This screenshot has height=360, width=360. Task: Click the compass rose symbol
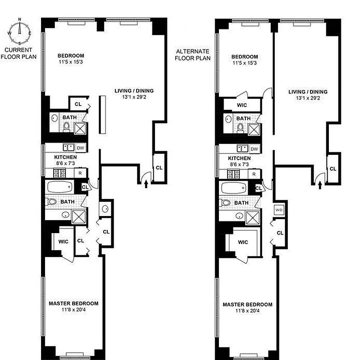click(19, 32)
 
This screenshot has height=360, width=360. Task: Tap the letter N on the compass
click(19, 19)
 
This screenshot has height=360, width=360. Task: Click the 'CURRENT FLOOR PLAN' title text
click(18, 53)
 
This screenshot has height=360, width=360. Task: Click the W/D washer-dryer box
click(278, 210)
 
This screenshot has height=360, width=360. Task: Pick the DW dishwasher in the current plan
click(81, 148)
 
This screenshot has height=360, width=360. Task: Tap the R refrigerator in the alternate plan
click(254, 174)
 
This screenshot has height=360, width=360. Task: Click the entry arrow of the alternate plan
click(319, 184)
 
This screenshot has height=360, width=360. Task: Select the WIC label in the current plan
click(63, 241)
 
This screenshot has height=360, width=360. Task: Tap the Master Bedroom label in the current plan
click(73, 303)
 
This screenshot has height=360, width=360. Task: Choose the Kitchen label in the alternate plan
click(239, 158)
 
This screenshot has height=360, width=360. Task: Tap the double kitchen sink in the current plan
click(69, 147)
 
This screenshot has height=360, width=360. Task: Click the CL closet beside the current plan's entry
click(159, 167)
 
